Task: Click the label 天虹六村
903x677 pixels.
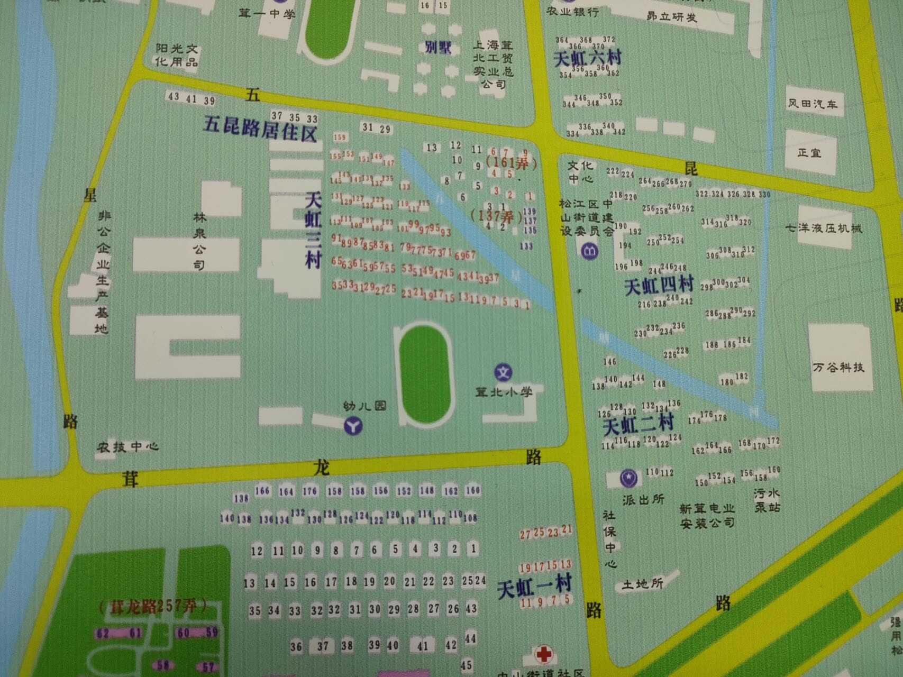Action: tap(587, 58)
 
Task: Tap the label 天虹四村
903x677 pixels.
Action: tap(659, 286)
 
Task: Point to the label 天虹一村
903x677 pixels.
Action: tap(535, 587)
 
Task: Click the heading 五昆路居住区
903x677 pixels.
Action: tap(260, 129)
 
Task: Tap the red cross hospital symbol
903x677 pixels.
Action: tap(543, 654)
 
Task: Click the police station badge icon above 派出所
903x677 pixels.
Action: tap(629, 478)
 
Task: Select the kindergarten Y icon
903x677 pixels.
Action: tap(353, 425)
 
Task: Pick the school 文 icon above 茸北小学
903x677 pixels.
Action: tap(503, 372)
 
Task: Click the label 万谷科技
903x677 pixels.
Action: tap(838, 367)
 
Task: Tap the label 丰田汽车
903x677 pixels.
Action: tap(812, 103)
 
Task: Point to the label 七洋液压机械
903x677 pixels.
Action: tap(823, 228)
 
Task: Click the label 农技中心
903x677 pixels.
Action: tap(127, 447)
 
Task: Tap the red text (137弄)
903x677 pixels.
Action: tap(492, 215)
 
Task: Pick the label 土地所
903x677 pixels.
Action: tap(642, 584)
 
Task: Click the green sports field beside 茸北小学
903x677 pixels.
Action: tap(425, 374)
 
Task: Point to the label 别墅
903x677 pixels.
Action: tap(438, 48)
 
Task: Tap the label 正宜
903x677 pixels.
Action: tap(809, 153)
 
